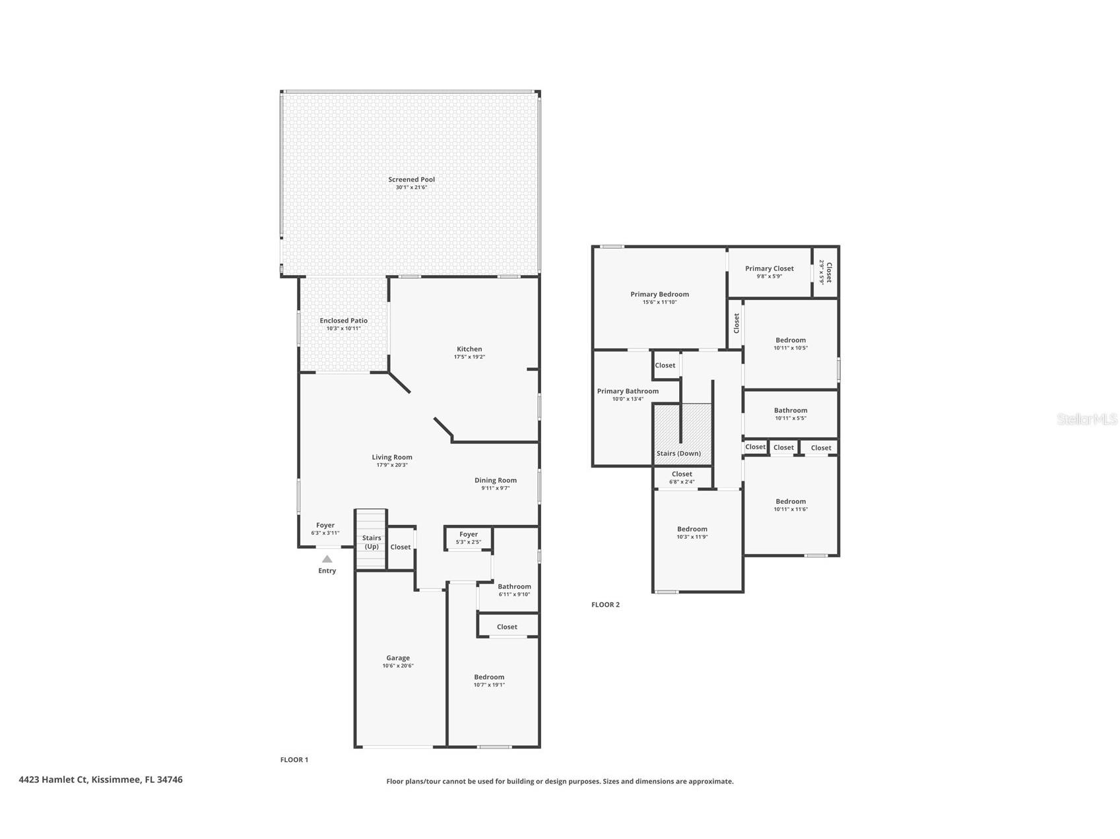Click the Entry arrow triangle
click(x=327, y=559)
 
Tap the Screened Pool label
click(x=411, y=179)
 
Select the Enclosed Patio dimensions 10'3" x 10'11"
click(x=343, y=328)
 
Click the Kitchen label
click(x=469, y=349)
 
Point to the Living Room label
click(x=391, y=457)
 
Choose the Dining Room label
click(x=495, y=480)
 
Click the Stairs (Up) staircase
click(x=371, y=538)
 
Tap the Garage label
click(x=398, y=658)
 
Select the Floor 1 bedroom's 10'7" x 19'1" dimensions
click(x=489, y=685)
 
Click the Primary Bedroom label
click(x=659, y=294)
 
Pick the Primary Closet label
click(x=769, y=268)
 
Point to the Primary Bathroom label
click(x=628, y=391)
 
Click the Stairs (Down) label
click(x=678, y=453)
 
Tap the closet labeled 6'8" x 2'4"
click(x=682, y=478)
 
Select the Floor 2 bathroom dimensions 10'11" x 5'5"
click(x=790, y=418)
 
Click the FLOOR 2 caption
click(x=605, y=604)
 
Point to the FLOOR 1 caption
click(x=294, y=759)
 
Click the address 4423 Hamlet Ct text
click(x=53, y=779)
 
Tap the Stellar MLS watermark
click(x=1087, y=419)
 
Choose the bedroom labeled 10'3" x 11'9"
click(x=692, y=532)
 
